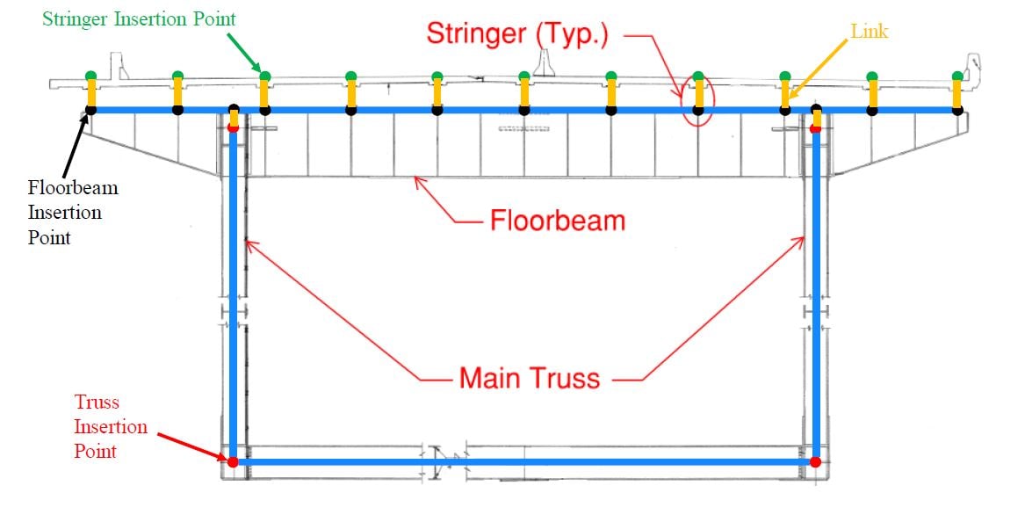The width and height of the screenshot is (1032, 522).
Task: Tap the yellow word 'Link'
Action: point(870,32)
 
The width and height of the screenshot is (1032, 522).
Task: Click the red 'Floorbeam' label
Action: point(557,220)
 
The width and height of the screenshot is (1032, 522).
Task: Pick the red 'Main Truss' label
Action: point(530,378)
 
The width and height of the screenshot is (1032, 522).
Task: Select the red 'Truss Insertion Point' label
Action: point(111,427)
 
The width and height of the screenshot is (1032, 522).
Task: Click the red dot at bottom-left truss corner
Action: point(233,461)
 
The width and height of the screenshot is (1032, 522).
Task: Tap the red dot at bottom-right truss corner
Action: point(816,461)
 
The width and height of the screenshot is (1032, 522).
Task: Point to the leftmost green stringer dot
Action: point(90,76)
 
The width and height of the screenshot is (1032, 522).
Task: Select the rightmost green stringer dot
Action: point(957,76)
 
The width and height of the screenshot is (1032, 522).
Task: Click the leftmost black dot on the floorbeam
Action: point(90,110)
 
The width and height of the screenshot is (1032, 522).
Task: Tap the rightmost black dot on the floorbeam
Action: point(957,110)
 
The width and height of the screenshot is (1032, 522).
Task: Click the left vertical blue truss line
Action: point(234,290)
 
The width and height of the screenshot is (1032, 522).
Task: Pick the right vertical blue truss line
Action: point(817,290)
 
